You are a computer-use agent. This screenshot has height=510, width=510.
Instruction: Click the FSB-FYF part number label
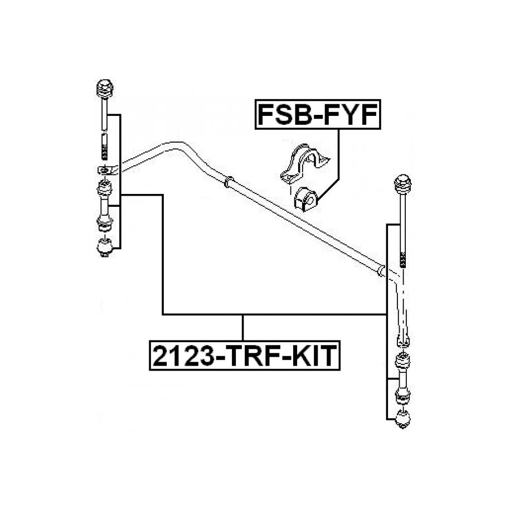tap(317, 115)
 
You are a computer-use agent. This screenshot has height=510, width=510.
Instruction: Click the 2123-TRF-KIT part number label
tap(244, 354)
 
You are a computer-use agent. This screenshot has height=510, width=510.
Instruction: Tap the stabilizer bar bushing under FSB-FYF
tap(304, 199)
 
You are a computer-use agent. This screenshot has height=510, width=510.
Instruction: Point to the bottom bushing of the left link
tap(104, 247)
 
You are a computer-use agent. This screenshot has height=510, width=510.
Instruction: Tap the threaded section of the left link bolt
tap(104, 146)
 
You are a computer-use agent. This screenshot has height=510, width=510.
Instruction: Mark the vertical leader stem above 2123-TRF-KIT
tap(243, 328)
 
